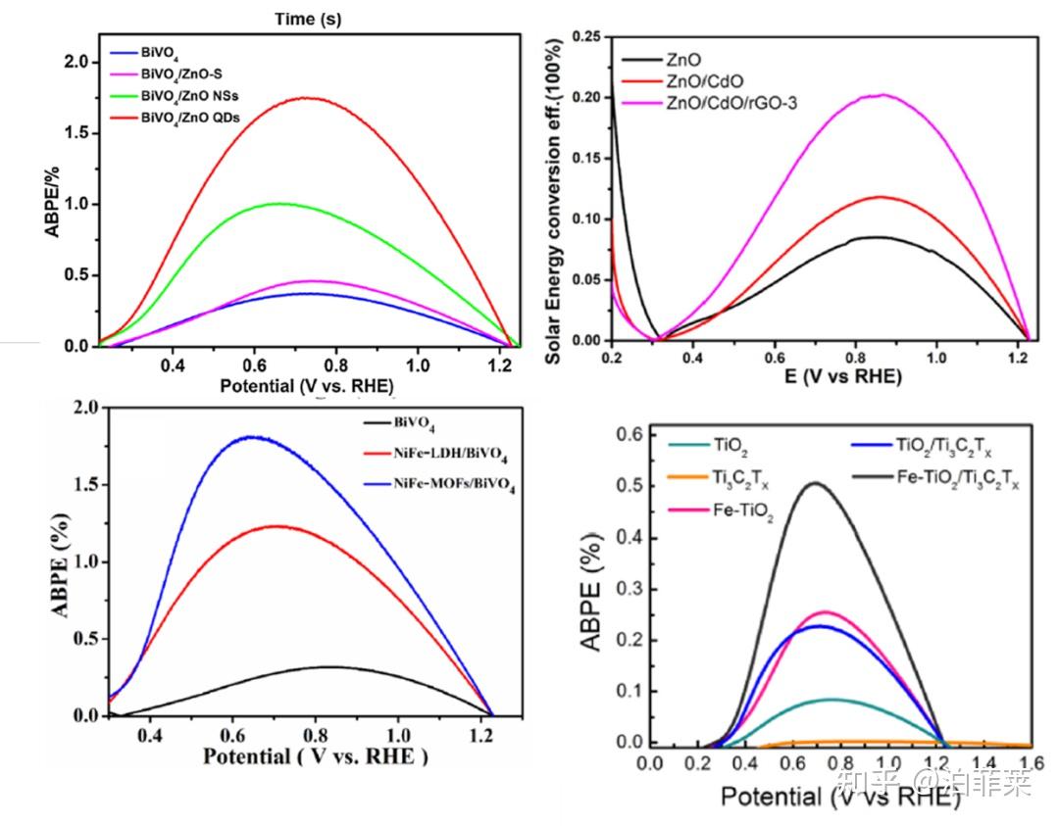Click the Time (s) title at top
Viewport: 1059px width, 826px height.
pyautogui.click(x=309, y=19)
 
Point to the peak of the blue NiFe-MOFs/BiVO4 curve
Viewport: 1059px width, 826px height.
pyautogui.click(x=252, y=437)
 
